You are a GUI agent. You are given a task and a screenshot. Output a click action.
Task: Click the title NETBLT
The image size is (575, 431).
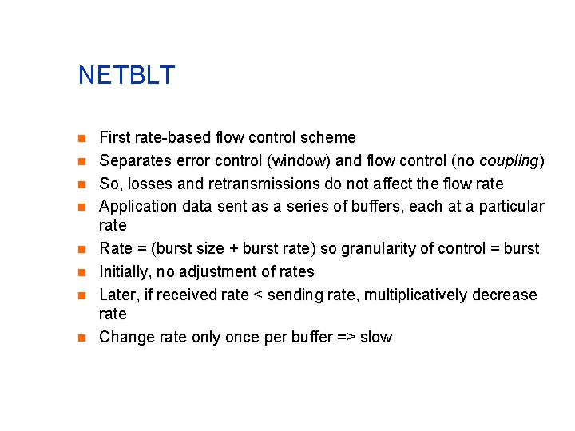(x=126, y=76)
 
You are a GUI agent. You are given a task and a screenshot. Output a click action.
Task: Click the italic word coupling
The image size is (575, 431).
(x=509, y=161)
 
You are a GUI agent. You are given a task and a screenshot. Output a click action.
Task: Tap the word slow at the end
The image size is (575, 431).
(x=376, y=338)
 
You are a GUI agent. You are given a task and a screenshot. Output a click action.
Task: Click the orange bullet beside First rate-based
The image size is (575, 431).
(x=82, y=138)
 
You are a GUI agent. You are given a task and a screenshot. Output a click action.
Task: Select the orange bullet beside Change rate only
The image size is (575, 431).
(x=82, y=338)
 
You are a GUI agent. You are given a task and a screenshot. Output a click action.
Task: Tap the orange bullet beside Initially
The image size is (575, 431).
(x=82, y=272)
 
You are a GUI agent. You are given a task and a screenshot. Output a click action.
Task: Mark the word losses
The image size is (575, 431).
(x=150, y=184)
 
